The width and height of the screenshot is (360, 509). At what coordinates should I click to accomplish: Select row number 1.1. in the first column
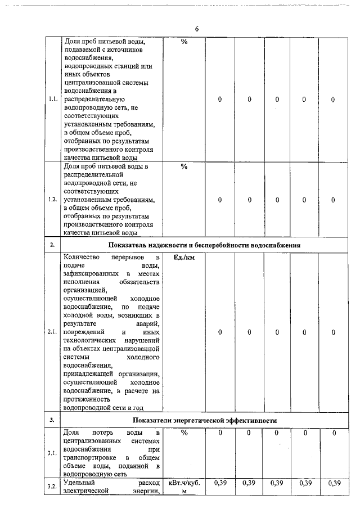tap(53, 100)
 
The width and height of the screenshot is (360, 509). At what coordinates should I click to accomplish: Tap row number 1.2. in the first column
tap(53, 200)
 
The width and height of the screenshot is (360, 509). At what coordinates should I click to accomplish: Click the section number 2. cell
tap(52, 245)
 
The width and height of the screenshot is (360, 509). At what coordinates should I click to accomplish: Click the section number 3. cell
tap(52, 420)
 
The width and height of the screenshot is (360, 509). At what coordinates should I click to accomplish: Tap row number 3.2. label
tap(53, 487)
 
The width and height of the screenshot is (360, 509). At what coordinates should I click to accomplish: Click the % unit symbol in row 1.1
tap(184, 42)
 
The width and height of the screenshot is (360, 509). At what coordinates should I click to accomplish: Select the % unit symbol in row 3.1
tap(184, 433)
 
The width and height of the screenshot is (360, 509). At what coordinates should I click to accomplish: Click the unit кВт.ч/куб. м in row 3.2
tap(184, 487)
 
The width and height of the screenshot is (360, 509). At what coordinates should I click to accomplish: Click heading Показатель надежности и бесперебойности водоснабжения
tap(205, 245)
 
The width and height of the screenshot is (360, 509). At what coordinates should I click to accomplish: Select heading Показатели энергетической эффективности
tap(205, 420)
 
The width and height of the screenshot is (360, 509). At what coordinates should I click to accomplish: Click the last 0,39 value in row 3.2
tap(334, 483)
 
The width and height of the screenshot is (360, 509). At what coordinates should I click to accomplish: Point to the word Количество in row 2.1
tap(82, 258)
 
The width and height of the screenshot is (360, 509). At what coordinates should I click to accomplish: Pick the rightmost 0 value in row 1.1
tap(334, 100)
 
